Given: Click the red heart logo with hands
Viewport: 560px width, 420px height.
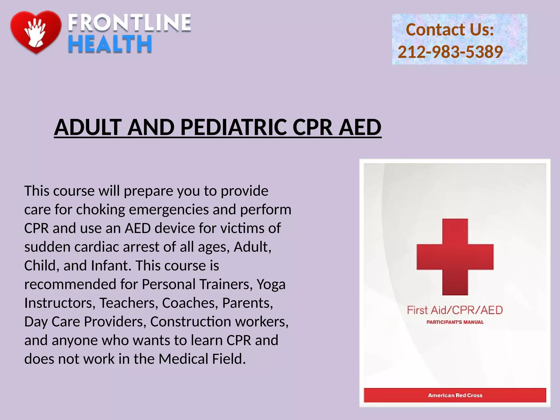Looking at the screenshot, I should point(36,32).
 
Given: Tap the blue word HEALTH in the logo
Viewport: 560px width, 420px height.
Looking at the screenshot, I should point(110,44).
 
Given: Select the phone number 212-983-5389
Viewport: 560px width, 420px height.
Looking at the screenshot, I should point(450,52).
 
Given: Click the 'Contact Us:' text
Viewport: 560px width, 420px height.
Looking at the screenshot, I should point(450,30).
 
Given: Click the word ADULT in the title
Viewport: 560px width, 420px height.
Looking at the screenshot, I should point(88,127).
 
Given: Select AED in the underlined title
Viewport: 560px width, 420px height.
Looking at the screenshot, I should point(360,127).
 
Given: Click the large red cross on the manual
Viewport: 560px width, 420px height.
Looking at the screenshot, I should point(455,257).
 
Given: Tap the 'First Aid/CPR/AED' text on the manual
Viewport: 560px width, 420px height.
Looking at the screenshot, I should point(455,310).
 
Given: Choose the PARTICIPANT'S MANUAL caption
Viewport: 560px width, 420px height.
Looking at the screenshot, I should point(455,322).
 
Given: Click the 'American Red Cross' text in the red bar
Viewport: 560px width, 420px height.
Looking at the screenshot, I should point(455,395).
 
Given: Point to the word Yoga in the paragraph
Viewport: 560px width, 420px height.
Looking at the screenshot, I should point(271,284).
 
